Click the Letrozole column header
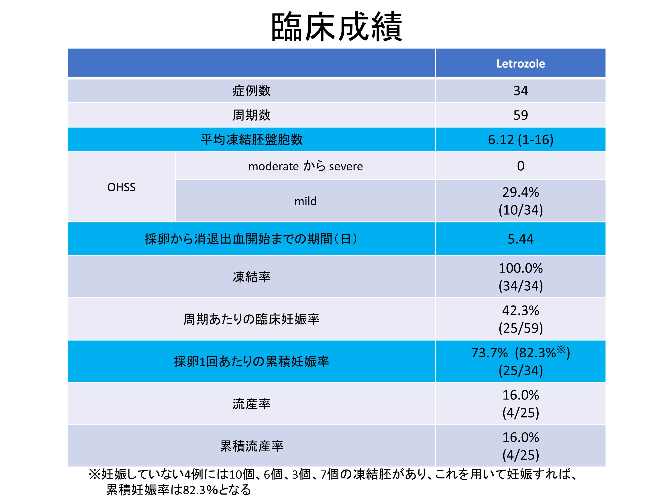coord(520,64)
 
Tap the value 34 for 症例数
coord(520,91)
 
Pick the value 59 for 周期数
coord(520,115)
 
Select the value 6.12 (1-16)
coord(520,140)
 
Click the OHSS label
coord(121,187)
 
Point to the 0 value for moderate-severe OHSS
coord(520,166)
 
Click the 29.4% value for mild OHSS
coord(520,192)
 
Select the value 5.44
coord(520,239)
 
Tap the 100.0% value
coord(520,268)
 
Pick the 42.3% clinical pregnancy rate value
coord(520,310)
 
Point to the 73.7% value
coord(489,353)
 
